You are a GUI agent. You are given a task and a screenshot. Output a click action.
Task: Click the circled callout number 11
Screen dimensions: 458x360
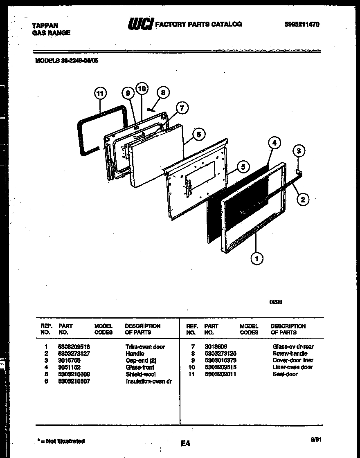100,93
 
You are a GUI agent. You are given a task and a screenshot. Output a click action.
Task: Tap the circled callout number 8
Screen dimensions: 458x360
163,93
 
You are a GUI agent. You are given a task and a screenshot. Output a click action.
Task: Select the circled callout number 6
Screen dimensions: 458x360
198,134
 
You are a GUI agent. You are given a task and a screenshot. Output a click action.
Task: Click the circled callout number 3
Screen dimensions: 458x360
299,151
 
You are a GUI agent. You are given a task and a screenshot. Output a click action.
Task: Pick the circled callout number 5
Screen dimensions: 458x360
243,166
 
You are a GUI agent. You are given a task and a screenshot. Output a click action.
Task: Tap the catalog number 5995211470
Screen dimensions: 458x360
301,24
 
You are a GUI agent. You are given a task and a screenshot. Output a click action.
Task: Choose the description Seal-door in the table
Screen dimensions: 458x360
285,374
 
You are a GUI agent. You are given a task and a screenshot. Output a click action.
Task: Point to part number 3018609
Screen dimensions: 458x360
216,346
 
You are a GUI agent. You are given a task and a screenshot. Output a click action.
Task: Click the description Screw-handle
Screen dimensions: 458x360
290,353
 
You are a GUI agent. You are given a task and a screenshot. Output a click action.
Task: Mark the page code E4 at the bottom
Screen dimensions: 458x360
185,443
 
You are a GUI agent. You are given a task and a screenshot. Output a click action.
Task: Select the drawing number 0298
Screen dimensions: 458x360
276,302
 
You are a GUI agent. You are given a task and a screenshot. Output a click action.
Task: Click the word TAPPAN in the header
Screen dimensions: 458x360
45,26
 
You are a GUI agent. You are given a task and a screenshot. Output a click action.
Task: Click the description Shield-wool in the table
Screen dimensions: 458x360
140,374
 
